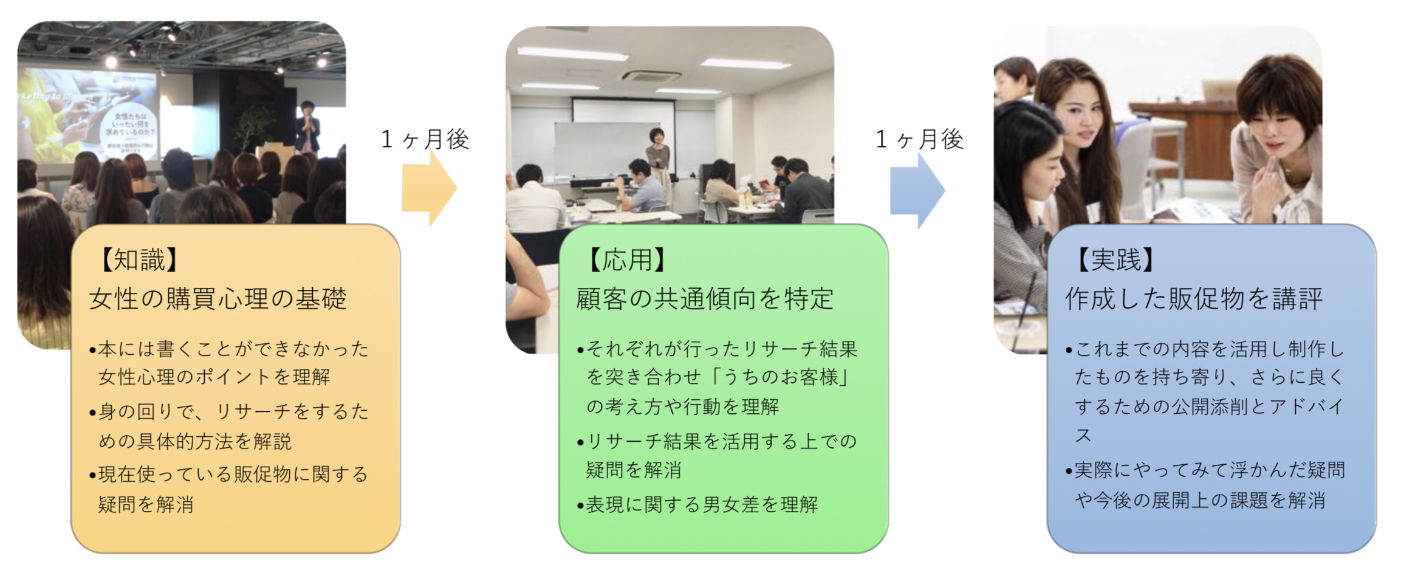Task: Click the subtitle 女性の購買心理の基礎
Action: (x=218, y=299)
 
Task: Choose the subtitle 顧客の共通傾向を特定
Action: (x=705, y=299)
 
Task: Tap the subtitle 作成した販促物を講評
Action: (x=1194, y=299)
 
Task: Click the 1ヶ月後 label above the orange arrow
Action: (x=425, y=139)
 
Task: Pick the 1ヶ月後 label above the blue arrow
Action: (x=920, y=139)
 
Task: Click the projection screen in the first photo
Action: (x=88, y=115)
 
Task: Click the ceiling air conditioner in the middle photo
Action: (x=651, y=77)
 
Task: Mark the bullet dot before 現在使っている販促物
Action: (x=92, y=475)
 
